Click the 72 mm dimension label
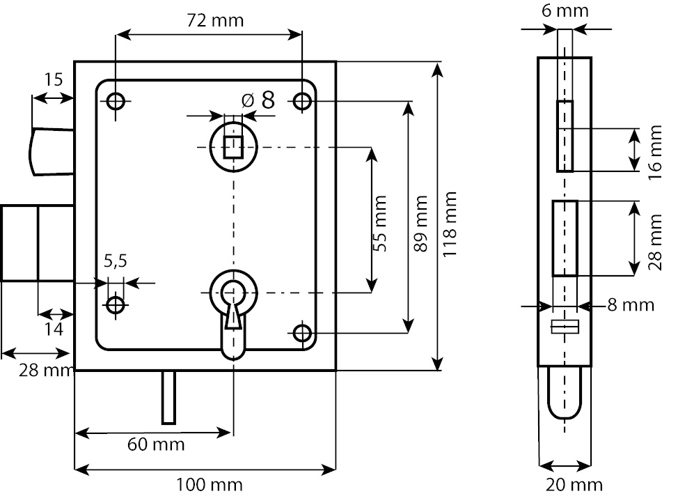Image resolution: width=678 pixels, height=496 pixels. coord(216,20)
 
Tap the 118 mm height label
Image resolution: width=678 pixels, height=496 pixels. coord(450,224)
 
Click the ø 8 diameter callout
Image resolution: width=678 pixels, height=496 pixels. coord(258,100)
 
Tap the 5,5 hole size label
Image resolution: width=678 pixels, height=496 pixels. coord(116,261)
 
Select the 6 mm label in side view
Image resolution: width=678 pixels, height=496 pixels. coord(565,10)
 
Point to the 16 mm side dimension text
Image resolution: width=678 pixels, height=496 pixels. coord(654,151)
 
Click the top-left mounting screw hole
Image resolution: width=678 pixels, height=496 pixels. coord(115,102)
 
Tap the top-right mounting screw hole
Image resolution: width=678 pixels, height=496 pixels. coord(302,102)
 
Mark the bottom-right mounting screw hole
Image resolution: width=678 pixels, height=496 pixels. coord(302,334)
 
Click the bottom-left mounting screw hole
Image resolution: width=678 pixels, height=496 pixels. coord(115,304)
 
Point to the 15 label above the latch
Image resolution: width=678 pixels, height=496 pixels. coord(53,80)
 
